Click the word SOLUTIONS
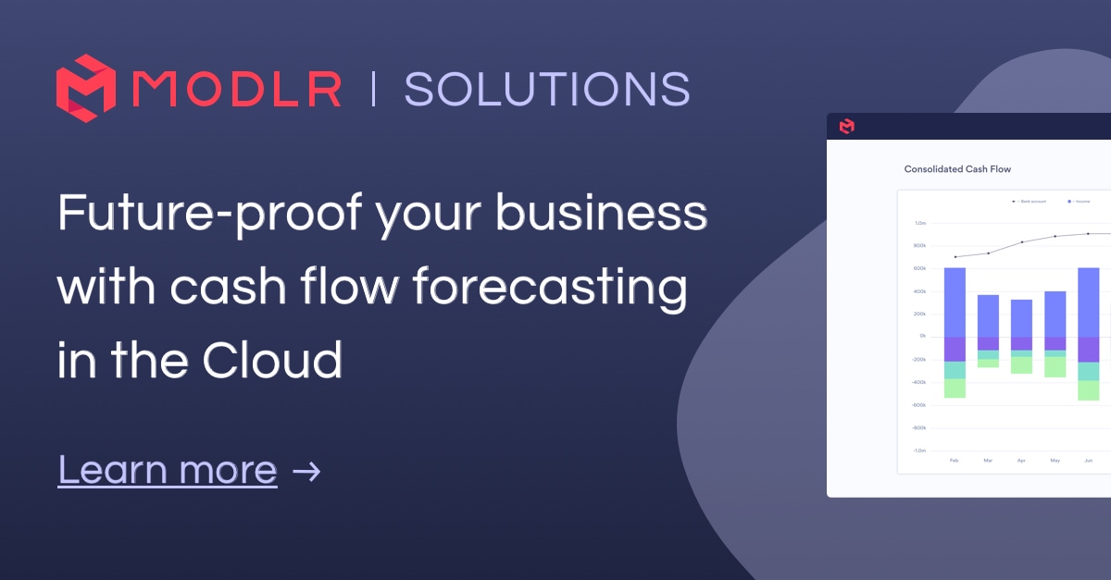(546, 90)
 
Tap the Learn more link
(168, 470)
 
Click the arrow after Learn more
(306, 471)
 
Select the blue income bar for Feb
(955, 302)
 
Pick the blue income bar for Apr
(1021, 318)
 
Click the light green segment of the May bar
(1055, 367)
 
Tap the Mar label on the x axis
(988, 460)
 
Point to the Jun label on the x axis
(1088, 460)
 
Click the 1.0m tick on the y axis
(920, 223)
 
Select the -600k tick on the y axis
(919, 405)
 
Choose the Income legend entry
(1080, 201)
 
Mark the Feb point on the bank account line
(955, 257)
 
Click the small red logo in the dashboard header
(845, 126)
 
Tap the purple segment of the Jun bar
(1088, 350)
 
